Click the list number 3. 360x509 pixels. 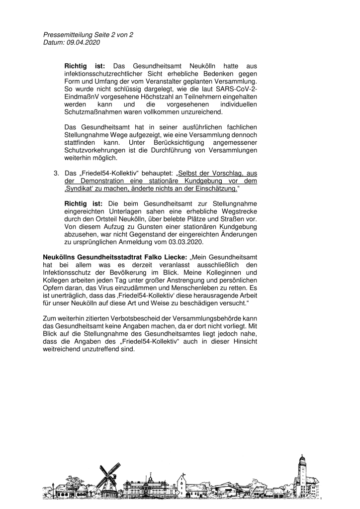pyautogui.click(x=56, y=173)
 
